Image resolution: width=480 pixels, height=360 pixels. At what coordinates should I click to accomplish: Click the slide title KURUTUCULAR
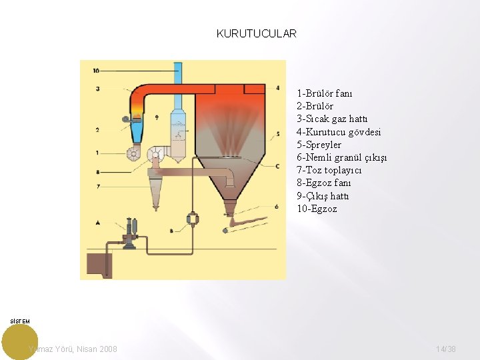256,33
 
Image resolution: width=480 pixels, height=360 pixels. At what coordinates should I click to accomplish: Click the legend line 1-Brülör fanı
325,93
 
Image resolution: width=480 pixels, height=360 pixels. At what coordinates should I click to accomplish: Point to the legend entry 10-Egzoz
317,209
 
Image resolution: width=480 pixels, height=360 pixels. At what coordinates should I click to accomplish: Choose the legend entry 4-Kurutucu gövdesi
339,132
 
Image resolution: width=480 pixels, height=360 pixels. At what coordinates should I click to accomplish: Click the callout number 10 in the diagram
97,70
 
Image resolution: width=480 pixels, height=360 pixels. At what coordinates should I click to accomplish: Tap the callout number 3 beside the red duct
97,89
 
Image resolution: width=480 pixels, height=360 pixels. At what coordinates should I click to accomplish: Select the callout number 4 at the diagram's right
277,87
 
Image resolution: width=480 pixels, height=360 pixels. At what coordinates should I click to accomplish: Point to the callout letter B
171,231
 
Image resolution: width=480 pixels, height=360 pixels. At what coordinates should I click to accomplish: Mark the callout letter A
97,221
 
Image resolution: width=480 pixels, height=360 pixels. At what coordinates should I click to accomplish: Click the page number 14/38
446,349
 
